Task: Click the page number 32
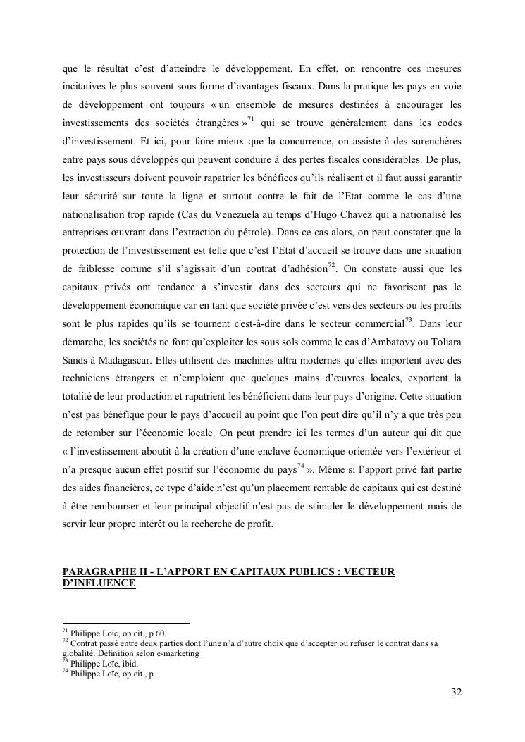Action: (456, 693)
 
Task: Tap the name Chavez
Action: (342, 213)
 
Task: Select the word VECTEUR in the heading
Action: (367, 571)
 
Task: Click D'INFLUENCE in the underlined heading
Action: (99, 583)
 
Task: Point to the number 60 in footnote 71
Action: (160, 633)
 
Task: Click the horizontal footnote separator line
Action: (126, 623)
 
